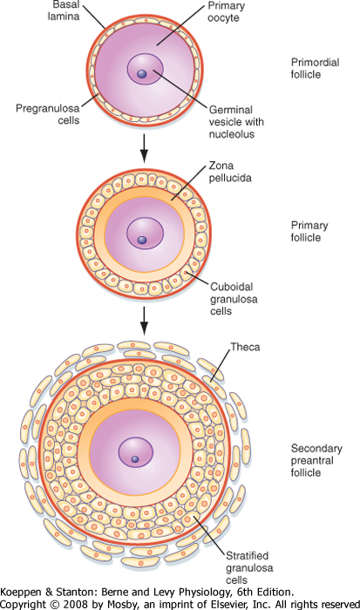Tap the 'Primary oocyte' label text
pos(226,11)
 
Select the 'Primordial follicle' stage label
pos(316,68)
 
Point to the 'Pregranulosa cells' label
pos(47,114)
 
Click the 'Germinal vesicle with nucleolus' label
pos(236,122)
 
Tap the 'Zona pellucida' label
pos(230,172)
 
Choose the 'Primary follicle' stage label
pos(309,232)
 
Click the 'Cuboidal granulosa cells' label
pos(234,299)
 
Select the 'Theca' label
pos(245,346)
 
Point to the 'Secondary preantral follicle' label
pos(316,460)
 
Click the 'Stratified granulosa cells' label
pos(249,567)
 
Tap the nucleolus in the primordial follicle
pos(142,74)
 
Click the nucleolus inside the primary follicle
pos(142,240)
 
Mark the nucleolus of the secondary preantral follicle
pos(135,459)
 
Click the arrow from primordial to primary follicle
pos(144,148)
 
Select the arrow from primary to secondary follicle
pos(144,321)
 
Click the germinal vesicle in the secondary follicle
pos(135,451)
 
